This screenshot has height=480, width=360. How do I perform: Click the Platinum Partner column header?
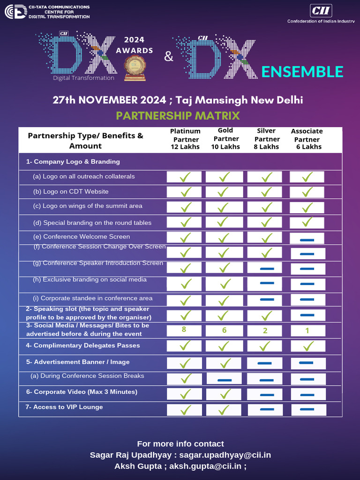click(185, 139)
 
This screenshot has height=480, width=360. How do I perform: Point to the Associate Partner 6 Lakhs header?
click(307, 139)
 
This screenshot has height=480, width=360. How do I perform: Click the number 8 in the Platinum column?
click(184, 330)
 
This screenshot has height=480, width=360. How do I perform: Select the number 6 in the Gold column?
click(224, 330)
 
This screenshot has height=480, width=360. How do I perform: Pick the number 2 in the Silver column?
click(265, 330)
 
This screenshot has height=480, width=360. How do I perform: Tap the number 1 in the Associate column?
click(307, 330)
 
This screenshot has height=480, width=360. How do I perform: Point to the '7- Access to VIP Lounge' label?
click(64, 407)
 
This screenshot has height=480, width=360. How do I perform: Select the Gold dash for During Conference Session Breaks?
click(225, 380)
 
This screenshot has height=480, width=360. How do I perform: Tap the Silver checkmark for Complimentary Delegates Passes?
click(265, 346)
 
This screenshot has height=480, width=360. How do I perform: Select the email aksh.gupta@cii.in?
click(205, 466)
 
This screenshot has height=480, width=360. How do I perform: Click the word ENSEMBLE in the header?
click(302, 72)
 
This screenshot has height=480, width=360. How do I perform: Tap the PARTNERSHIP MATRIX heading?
click(178, 115)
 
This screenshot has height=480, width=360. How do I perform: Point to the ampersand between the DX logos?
click(169, 57)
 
